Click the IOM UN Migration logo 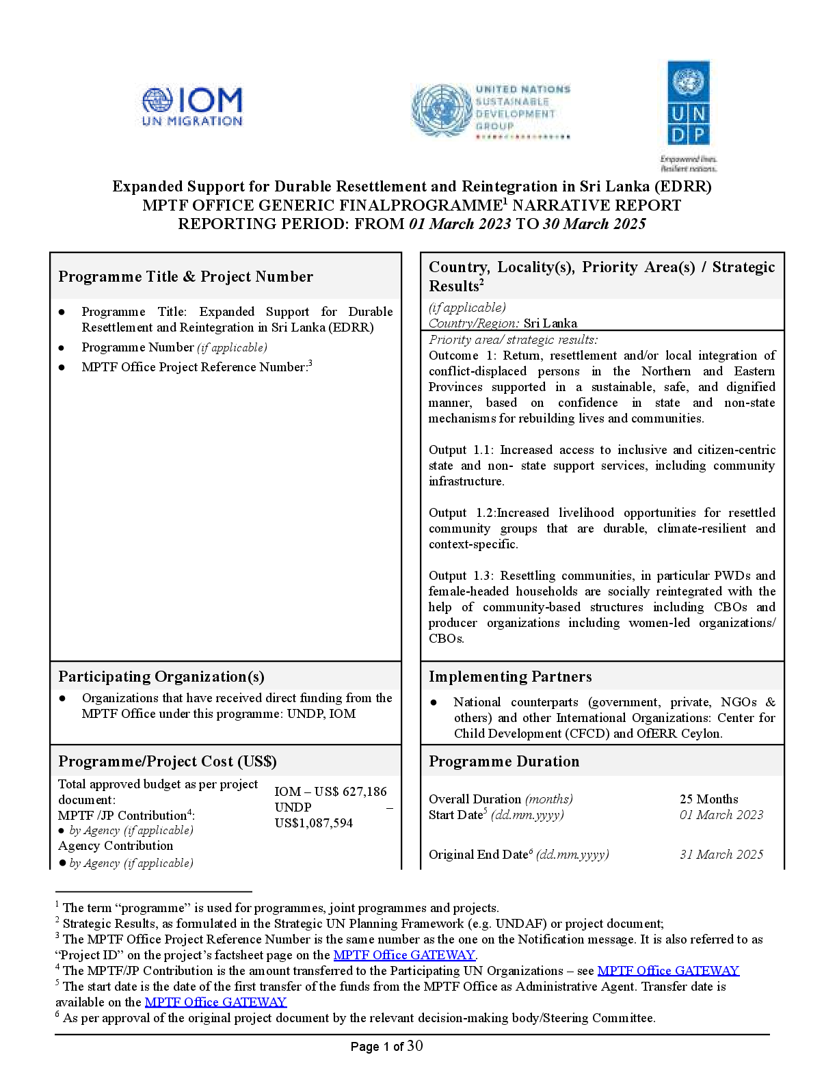192,107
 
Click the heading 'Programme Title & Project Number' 185,276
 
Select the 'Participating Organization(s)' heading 161,676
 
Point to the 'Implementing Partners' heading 510,676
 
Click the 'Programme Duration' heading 504,761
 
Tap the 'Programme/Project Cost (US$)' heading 167,761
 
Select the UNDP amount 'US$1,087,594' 314,823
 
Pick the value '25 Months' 708,799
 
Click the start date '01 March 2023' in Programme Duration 721,814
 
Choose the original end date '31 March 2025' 721,854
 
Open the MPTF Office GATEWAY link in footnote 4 668,970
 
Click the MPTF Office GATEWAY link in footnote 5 215,1002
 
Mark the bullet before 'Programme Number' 62,347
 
